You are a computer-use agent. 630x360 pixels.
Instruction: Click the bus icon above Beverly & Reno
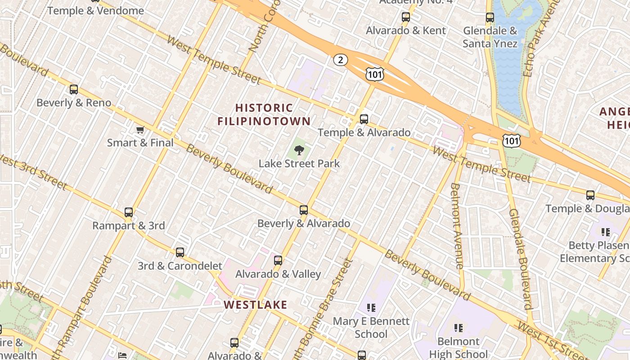(x=74, y=90)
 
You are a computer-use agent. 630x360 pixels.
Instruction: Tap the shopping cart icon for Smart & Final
(x=140, y=130)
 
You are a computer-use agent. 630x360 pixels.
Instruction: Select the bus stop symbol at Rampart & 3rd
(x=129, y=212)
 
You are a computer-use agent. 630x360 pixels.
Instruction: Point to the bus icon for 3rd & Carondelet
(x=180, y=252)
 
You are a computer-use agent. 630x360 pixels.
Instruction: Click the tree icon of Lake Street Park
(x=299, y=150)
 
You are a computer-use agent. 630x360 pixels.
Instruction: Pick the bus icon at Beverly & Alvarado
(x=304, y=210)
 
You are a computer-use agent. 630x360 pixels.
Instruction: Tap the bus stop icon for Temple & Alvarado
(x=364, y=119)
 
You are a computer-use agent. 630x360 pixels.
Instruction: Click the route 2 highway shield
(x=341, y=59)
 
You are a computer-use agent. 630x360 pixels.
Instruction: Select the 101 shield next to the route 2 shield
(x=374, y=74)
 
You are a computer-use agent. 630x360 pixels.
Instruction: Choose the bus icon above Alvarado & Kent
(x=406, y=18)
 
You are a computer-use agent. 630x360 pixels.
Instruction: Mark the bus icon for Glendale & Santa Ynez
(x=490, y=18)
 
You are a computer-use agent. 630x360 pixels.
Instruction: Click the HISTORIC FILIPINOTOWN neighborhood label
(x=264, y=114)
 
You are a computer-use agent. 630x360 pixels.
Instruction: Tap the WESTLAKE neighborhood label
(x=255, y=305)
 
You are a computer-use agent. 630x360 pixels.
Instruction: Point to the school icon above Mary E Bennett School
(x=371, y=308)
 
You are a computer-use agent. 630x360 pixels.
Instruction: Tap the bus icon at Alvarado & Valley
(x=278, y=261)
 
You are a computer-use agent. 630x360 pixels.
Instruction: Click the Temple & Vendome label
(x=95, y=10)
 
